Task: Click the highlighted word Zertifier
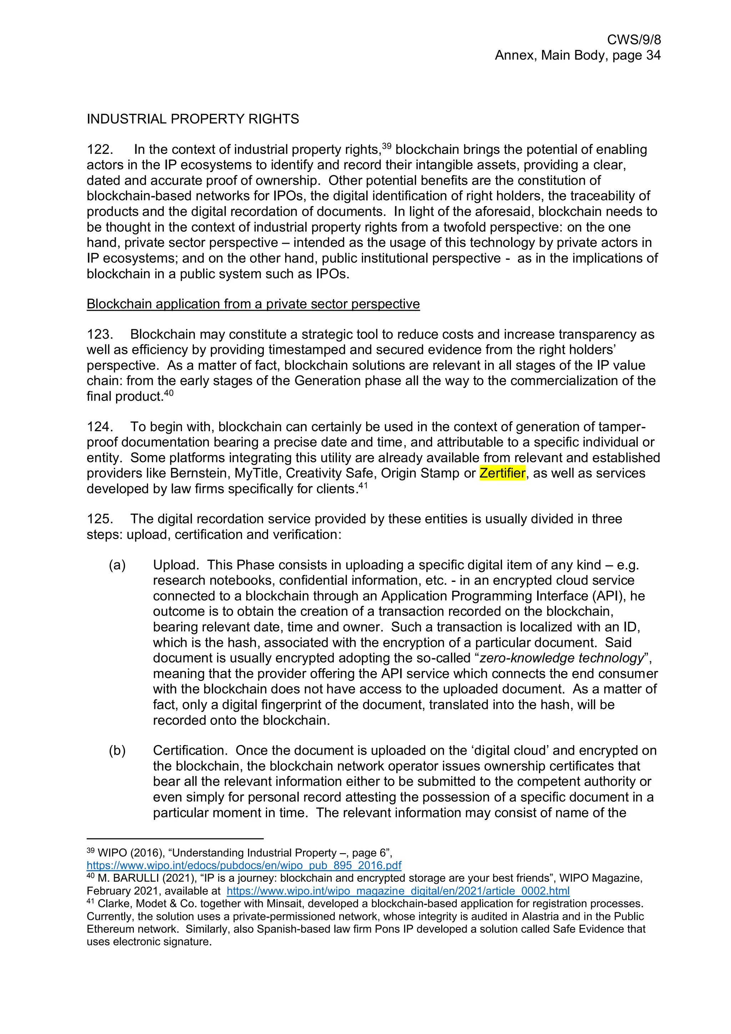pos(502,473)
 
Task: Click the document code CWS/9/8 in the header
pos(634,40)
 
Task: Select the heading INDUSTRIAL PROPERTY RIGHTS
pos(193,119)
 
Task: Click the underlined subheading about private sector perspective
pos(253,304)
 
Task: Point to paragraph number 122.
pos(100,149)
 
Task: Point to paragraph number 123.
pos(100,334)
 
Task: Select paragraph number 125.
pos(100,519)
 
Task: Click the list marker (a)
pos(117,565)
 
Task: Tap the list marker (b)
pos(117,750)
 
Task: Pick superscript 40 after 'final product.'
pos(168,393)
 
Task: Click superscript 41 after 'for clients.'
pos(363,486)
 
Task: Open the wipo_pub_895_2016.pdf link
pos(244,865)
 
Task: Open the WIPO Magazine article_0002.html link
pos(398,891)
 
